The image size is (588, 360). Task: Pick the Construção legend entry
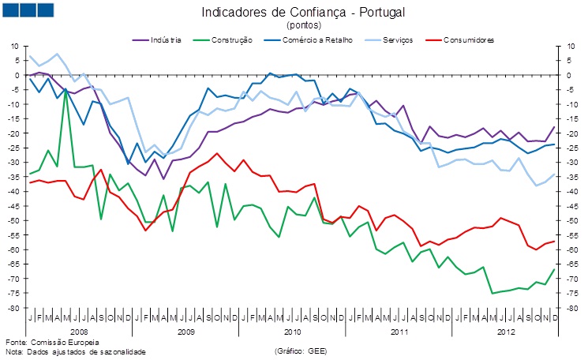234,39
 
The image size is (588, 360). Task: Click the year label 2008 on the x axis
80,332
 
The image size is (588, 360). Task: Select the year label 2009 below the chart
185,332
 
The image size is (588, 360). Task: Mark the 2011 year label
400,332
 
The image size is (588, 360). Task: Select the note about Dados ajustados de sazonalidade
76,351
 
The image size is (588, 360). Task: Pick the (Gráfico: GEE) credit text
301,351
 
